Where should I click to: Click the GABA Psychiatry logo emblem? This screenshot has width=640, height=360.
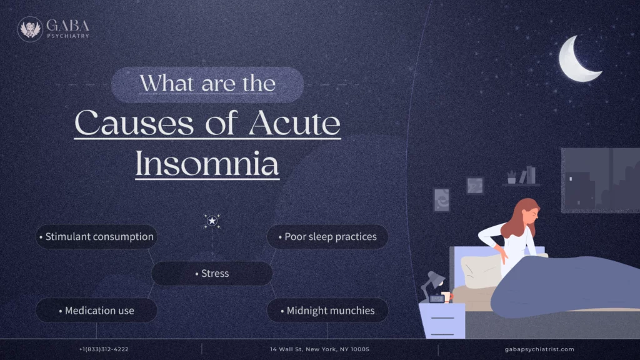point(29,29)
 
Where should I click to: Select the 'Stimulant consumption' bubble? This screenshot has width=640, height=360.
point(96,237)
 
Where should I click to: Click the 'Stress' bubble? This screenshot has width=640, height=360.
point(212,274)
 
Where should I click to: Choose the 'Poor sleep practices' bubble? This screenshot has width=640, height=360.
point(327,237)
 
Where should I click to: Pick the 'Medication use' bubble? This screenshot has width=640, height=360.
point(96,311)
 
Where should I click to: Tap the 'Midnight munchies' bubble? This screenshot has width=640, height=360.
point(327,311)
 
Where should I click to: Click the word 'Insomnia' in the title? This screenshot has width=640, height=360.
point(207,164)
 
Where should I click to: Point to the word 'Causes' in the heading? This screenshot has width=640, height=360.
point(132,124)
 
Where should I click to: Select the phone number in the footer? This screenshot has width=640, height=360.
point(104,349)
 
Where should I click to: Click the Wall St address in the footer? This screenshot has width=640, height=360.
point(319,349)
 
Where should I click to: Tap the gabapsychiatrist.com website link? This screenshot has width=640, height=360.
point(539,349)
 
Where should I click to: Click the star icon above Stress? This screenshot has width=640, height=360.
point(212,221)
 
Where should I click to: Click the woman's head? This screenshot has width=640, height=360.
point(526,213)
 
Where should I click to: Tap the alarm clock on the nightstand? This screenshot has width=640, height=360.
point(437,299)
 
